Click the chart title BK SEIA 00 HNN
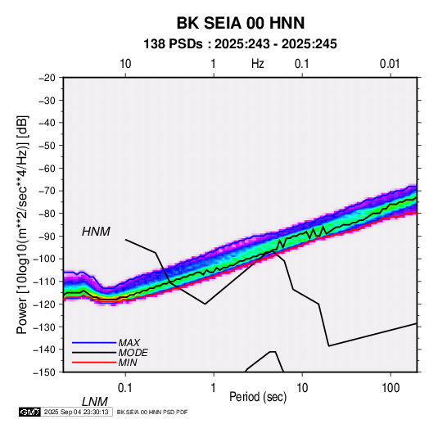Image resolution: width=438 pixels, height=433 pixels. pos(241,23)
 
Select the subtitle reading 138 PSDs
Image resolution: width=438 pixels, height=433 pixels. pos(173,44)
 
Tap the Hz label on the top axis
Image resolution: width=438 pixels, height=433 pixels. pos(258,64)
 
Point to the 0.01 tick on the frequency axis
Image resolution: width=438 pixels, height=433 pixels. pos(390,64)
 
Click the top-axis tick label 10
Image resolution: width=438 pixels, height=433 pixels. pos(125,64)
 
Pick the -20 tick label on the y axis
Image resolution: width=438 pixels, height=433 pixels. pos(47,78)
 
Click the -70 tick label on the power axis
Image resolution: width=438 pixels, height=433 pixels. pos(47,191)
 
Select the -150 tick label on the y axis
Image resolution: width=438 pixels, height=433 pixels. pos(44,372)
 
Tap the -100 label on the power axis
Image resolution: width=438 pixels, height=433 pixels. pos(44,259)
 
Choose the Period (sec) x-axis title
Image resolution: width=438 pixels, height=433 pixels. pos(258,397)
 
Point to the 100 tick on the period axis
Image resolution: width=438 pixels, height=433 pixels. pos(391,388)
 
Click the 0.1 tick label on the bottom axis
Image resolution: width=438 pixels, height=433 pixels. pos(125,388)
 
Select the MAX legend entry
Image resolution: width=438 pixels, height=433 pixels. pos(129,342)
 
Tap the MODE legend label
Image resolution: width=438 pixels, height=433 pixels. pos(133,353)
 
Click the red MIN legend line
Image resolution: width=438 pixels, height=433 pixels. pos(94,363)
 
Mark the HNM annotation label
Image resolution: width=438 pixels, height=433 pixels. pos(96,232)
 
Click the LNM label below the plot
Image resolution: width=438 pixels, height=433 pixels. pos(95,402)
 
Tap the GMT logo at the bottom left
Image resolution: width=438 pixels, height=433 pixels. pos(29,412)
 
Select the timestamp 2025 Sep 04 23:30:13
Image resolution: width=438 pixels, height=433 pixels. pos(76,412)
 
